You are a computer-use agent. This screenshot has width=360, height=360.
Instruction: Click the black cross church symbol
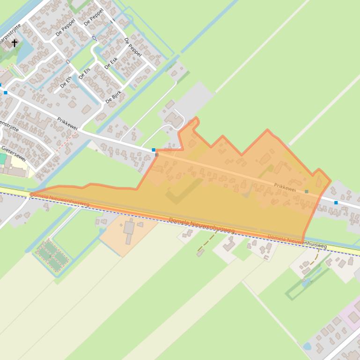[x=15, y=43]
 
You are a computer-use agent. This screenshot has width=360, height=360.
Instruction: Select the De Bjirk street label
[x=113, y=96]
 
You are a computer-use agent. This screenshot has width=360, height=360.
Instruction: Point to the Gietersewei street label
[x=13, y=153]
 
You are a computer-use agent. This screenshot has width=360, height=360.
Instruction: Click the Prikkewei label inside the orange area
[x=285, y=187]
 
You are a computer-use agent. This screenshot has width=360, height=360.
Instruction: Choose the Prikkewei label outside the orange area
[x=67, y=124]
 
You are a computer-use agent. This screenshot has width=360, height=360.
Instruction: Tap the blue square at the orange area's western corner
[x=154, y=150]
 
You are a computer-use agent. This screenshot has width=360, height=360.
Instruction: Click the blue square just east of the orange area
[x=336, y=202]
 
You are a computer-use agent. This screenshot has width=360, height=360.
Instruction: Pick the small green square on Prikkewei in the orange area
[x=307, y=191]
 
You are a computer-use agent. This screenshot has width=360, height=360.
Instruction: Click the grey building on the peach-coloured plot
[x=129, y=230]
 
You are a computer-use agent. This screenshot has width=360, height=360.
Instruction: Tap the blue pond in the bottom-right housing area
[x=307, y=346]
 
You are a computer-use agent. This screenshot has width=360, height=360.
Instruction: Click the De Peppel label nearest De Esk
[x=133, y=47]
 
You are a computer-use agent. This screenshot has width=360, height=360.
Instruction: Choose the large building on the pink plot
[x=353, y=318]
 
